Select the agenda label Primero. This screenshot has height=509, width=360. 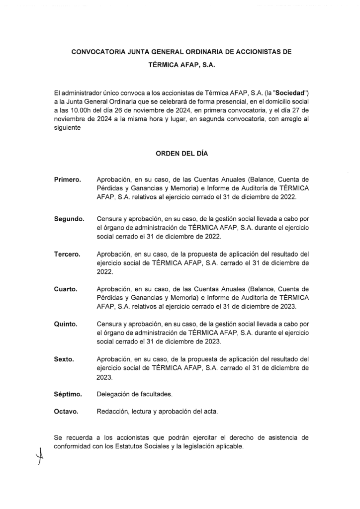[68, 179]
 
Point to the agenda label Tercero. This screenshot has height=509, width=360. [68, 254]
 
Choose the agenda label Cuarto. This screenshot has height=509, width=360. [66, 289]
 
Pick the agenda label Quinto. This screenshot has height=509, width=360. [66, 324]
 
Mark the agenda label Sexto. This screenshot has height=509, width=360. [64, 359]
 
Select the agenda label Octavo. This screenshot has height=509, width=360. [66, 412]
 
